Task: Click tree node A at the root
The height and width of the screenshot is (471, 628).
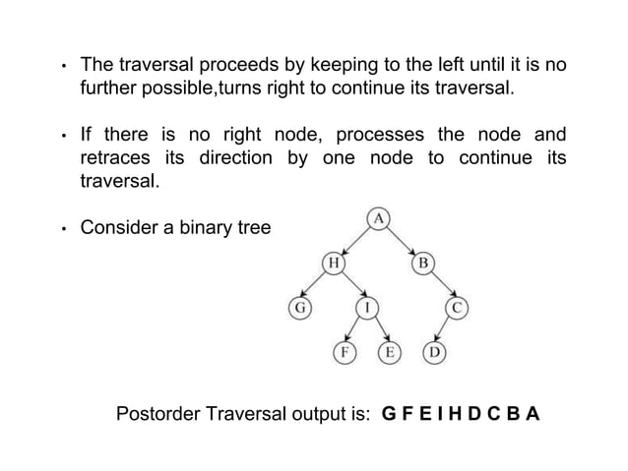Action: click(377, 217)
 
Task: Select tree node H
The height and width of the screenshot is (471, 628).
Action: click(334, 264)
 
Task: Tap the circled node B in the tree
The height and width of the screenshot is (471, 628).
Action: click(421, 264)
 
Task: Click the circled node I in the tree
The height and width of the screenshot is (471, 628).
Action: click(367, 308)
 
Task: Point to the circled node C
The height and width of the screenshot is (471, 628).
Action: click(456, 308)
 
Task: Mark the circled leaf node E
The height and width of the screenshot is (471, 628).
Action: click(390, 352)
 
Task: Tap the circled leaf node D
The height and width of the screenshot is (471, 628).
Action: click(432, 352)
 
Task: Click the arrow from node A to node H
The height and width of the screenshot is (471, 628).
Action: click(355, 240)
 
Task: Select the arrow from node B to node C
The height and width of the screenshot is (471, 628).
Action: click(439, 286)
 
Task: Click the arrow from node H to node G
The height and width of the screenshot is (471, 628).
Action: click(316, 286)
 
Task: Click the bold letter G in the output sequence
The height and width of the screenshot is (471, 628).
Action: click(389, 413)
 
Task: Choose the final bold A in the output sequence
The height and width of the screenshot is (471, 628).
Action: click(533, 413)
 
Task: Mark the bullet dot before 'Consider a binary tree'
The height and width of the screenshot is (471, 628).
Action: click(61, 230)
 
